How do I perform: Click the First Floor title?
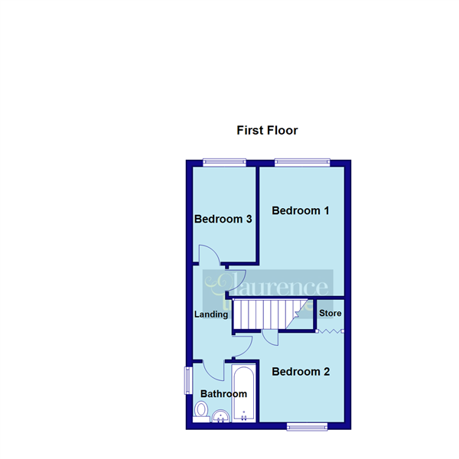pyautogui.click(x=267, y=130)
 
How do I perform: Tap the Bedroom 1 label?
pyautogui.click(x=300, y=210)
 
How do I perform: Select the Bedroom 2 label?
pyautogui.click(x=301, y=372)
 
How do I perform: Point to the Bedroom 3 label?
pyautogui.click(x=223, y=219)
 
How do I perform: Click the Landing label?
pyautogui.click(x=211, y=314)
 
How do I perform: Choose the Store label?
pyautogui.click(x=330, y=314)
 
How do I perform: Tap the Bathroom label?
pyautogui.click(x=223, y=394)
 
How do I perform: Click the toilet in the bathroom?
pyautogui.click(x=201, y=410)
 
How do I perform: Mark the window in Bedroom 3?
pyautogui.click(x=224, y=161)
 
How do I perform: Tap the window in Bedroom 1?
pyautogui.click(x=302, y=161)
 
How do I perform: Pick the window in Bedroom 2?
pyautogui.click(x=308, y=426)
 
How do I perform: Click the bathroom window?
pyautogui.click(x=187, y=380)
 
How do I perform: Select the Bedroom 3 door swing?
pyautogui.click(x=208, y=254)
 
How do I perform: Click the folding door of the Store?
pyautogui.click(x=330, y=331)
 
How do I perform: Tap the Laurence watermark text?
pyautogui.click(x=268, y=287)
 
